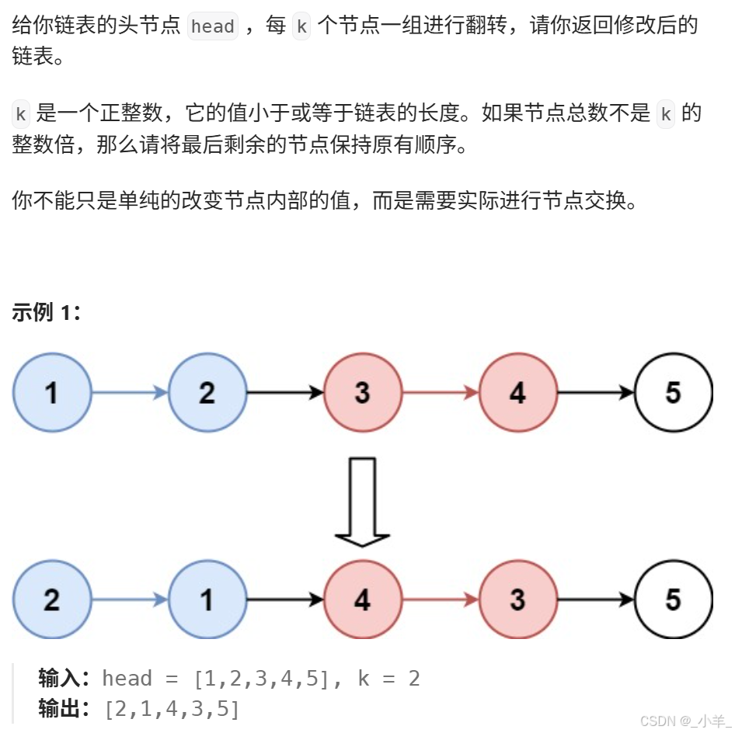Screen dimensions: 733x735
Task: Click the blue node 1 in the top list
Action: [x=52, y=393]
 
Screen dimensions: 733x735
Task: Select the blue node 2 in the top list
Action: [x=207, y=393]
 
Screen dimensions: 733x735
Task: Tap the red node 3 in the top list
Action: [x=363, y=393]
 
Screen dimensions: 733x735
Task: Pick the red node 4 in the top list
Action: [x=518, y=393]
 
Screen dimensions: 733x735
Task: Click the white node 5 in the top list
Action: [x=674, y=393]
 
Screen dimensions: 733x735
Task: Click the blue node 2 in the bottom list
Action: [x=52, y=599]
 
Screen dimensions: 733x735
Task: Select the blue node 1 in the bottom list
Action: [x=207, y=599]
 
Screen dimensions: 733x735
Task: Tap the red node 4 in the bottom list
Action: [x=363, y=599]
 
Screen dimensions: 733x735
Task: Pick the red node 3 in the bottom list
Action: [x=518, y=599]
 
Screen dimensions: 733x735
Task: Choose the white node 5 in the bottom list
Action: [x=674, y=599]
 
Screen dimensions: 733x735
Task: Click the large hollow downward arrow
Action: [x=362, y=501]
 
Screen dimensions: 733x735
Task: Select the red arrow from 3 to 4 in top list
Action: [x=441, y=393]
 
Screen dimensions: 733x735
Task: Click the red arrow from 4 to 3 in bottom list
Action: [x=441, y=599]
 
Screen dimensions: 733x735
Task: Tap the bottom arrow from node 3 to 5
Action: [x=596, y=599]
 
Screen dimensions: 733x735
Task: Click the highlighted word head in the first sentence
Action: [x=213, y=26]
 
